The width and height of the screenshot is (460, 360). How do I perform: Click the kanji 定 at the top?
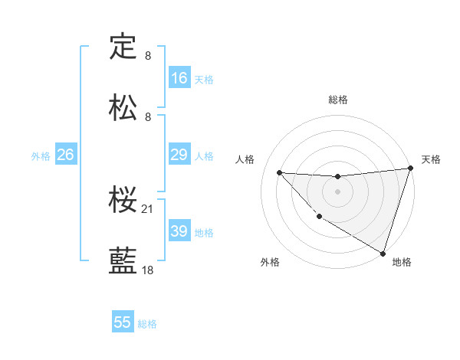tap(123, 47)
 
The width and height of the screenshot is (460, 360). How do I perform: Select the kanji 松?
tap(123, 107)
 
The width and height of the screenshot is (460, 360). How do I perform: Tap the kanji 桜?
tap(123, 200)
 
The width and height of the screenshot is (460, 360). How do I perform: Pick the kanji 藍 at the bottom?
tap(123, 261)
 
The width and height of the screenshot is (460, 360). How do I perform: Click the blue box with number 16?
tap(179, 78)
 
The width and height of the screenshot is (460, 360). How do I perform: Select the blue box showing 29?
tap(179, 155)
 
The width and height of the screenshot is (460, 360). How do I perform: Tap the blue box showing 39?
tap(179, 231)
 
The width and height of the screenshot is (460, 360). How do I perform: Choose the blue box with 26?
tap(66, 155)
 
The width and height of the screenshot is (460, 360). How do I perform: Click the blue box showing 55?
tap(123, 322)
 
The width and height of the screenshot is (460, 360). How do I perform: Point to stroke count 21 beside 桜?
tap(149, 208)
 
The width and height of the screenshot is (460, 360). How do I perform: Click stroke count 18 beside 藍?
tap(149, 270)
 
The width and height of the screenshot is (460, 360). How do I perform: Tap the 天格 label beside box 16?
tap(204, 79)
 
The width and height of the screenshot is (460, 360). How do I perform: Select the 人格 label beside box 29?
tap(204, 155)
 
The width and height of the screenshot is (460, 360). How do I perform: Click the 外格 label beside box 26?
tap(41, 155)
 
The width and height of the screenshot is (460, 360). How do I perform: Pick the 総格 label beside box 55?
tap(147, 324)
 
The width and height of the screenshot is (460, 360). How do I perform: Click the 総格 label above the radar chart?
tap(338, 100)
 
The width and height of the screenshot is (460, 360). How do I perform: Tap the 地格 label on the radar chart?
tap(402, 262)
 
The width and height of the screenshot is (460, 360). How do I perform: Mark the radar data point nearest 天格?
tap(410, 169)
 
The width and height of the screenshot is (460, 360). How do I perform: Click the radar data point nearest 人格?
tap(279, 172)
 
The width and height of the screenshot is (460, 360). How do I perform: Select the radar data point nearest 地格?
tap(383, 253)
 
